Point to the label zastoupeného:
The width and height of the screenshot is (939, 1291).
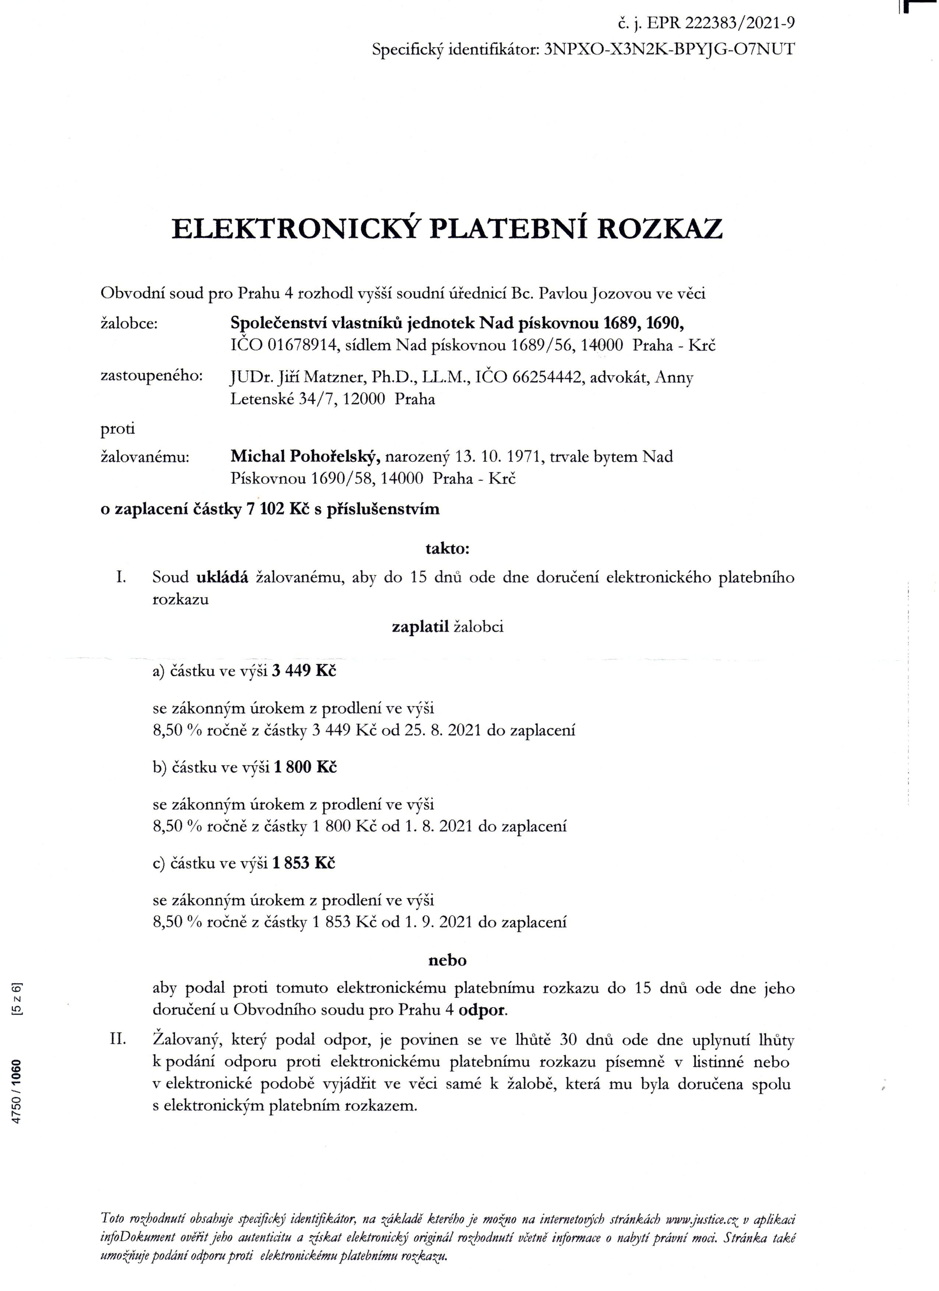pyautogui.click(x=152, y=377)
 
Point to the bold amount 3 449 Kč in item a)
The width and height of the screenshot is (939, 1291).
pyautogui.click(x=304, y=671)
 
